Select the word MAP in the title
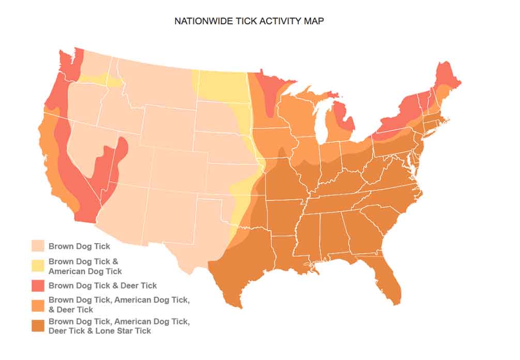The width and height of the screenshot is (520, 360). coord(315,21)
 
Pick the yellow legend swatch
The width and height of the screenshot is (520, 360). coord(38,266)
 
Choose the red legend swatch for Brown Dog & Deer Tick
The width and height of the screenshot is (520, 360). coord(38,285)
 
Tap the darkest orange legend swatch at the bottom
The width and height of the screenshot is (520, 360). coord(38,325)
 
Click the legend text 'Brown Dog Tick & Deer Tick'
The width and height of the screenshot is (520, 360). coord(102,285)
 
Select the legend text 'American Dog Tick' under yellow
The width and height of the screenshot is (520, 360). coord(85,271)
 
